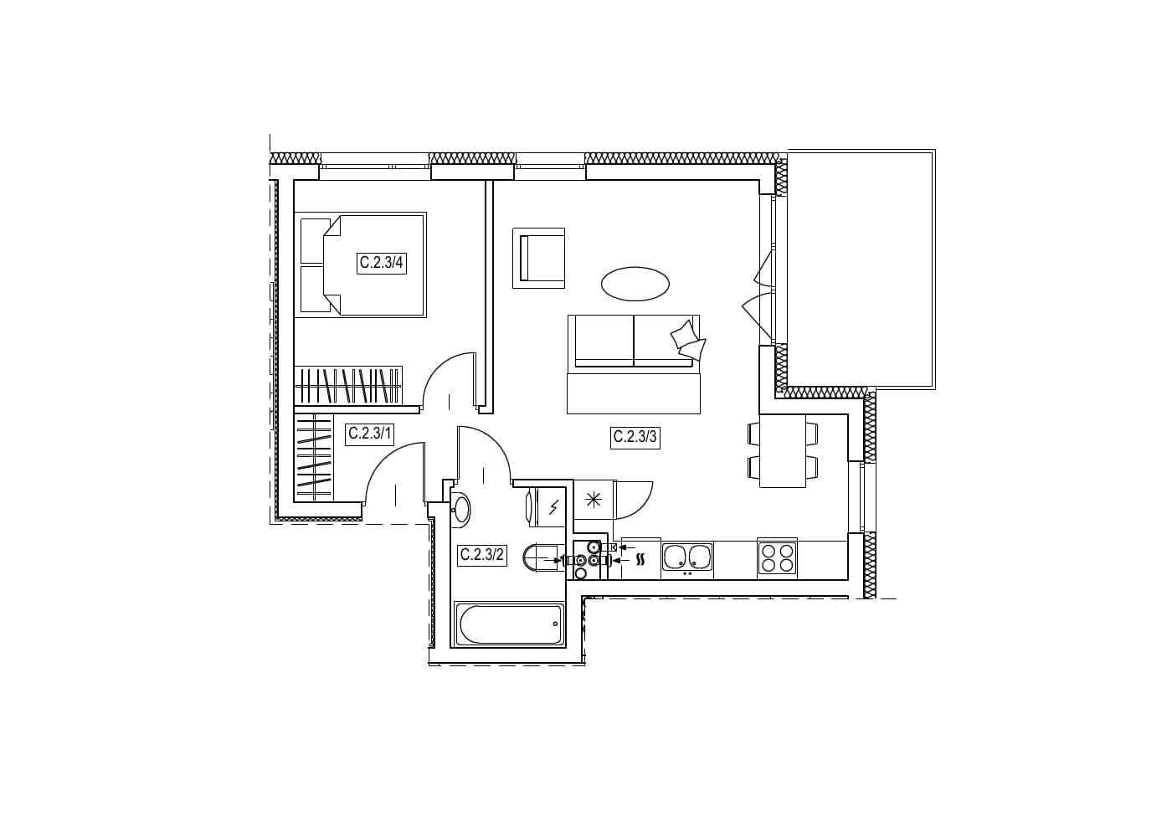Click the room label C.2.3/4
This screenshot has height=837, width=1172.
(x=382, y=262)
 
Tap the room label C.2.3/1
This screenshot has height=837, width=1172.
(x=370, y=434)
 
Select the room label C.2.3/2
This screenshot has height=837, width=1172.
(x=482, y=554)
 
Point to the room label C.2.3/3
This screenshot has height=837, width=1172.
(x=635, y=436)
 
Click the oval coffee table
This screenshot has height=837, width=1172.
(x=635, y=284)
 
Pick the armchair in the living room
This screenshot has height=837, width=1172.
(x=539, y=258)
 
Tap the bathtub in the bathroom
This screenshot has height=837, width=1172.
(x=509, y=624)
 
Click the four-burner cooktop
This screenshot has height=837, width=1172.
(x=777, y=558)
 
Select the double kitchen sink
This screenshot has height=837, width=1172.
(x=687, y=557)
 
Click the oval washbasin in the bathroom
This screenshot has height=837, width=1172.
(x=461, y=507)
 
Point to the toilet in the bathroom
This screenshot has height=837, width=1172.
(x=543, y=559)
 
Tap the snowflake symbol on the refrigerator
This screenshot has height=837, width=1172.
(x=593, y=500)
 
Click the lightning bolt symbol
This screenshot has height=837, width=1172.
(x=554, y=506)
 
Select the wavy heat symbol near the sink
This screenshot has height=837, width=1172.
(x=640, y=560)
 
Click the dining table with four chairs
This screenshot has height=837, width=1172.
(x=783, y=451)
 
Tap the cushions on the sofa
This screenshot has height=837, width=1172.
(x=688, y=341)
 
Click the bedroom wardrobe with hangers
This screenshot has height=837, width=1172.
(x=348, y=385)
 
